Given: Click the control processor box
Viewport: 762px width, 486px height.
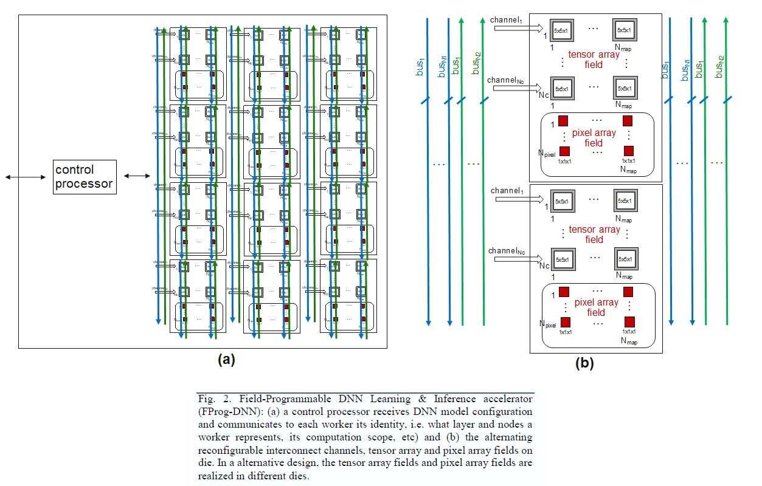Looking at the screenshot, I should coord(84,177).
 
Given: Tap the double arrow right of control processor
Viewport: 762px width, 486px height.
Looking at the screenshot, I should coord(137,176).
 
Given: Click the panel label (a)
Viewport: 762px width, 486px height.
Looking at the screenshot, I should coord(226,359).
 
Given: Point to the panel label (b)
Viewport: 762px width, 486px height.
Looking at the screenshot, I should coord(584,363).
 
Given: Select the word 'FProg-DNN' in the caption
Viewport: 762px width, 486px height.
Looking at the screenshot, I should coord(222,411).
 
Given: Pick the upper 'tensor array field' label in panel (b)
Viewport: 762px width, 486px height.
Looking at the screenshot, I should coord(594,59).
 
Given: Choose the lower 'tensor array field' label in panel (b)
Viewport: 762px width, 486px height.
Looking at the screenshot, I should coord(594,234).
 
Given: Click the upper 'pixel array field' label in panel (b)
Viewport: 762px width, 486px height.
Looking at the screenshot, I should coord(595,138).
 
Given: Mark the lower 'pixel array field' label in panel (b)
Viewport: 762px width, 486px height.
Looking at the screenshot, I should coord(595,307).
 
